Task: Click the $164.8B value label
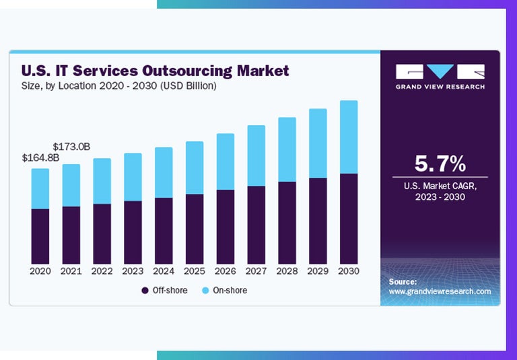(x=40, y=158)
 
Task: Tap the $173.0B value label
(x=72, y=146)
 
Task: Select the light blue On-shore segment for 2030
(x=349, y=137)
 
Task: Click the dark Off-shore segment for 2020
(x=40, y=236)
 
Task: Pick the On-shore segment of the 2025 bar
(x=195, y=168)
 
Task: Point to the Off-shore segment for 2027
(x=256, y=225)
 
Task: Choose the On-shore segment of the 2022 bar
(x=102, y=181)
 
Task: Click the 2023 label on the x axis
(x=133, y=271)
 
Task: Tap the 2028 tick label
(x=287, y=271)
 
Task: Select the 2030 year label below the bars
(x=349, y=271)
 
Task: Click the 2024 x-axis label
(x=164, y=271)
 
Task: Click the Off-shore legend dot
(x=145, y=291)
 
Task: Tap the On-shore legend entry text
(x=231, y=291)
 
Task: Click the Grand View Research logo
(x=440, y=76)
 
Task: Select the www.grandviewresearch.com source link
(x=440, y=291)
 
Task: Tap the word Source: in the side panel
(x=403, y=281)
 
